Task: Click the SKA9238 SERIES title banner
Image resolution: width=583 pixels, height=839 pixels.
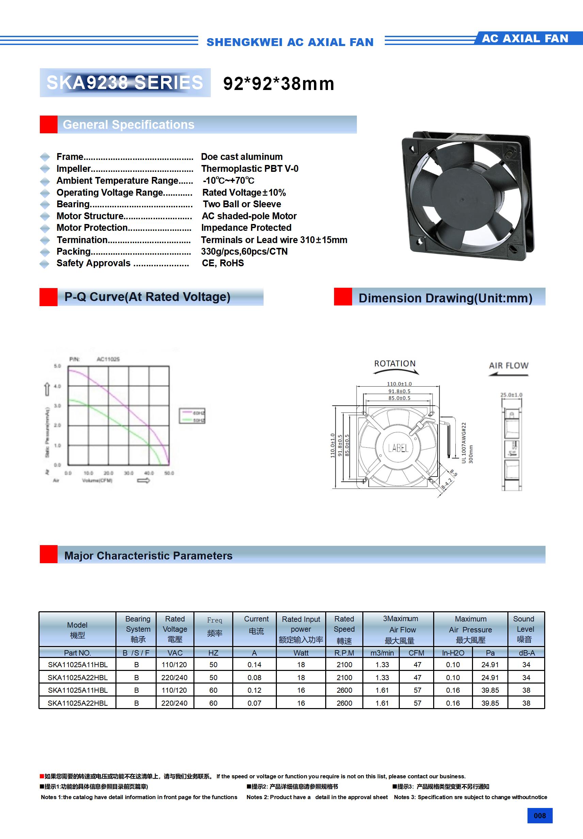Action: (125, 83)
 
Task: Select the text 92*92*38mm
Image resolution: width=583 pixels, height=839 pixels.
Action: (279, 84)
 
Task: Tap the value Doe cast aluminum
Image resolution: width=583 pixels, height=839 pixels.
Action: (242, 157)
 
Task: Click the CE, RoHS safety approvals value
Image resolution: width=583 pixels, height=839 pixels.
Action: (223, 263)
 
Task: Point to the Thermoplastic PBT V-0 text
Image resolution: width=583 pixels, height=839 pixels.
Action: (250, 169)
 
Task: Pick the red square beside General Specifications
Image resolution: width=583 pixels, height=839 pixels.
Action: (49, 125)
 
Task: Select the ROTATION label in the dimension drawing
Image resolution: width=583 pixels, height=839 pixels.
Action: (395, 364)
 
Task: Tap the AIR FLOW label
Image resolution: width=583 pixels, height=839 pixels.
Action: (508, 365)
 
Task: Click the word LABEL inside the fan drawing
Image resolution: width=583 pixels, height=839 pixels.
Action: (398, 448)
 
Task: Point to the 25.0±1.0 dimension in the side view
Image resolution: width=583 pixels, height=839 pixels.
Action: (511, 395)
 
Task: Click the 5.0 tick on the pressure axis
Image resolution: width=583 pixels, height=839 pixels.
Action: (58, 366)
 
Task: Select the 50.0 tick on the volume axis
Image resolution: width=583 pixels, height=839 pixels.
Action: (169, 473)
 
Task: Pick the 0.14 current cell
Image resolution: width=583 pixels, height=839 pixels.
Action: (254, 665)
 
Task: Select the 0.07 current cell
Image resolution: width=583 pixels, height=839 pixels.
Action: (254, 703)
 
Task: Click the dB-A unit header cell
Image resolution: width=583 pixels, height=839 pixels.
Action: (526, 653)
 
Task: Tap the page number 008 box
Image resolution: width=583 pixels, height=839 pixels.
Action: (539, 815)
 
